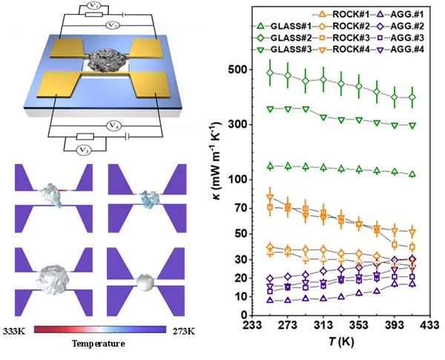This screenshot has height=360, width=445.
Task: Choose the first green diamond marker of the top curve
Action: tap(270, 72)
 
